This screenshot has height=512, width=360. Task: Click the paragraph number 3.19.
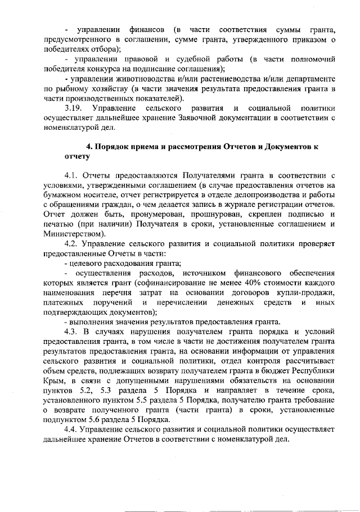pyautogui.click(x=74, y=107)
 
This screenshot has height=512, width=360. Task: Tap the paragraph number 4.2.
pyautogui.click(x=73, y=243)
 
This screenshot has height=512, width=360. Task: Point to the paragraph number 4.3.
pyautogui.click(x=73, y=331)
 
